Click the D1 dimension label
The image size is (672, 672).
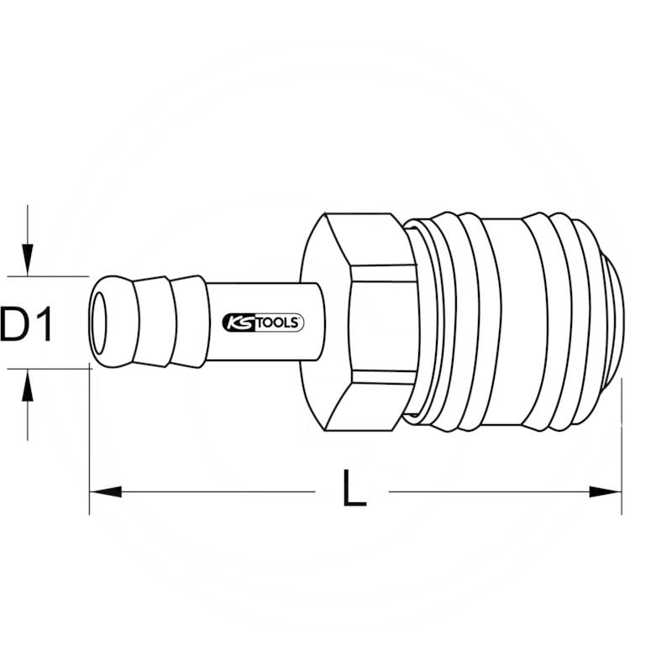pyautogui.click(x=27, y=325)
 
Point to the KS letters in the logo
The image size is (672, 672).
pyautogui.click(x=239, y=323)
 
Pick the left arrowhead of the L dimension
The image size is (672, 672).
pyautogui.click(x=105, y=491)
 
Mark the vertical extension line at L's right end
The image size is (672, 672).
pyautogui.click(x=622, y=445)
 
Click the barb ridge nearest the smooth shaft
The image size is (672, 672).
pyautogui.click(x=191, y=323)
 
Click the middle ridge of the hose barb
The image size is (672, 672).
pyautogui.click(x=156, y=323)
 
